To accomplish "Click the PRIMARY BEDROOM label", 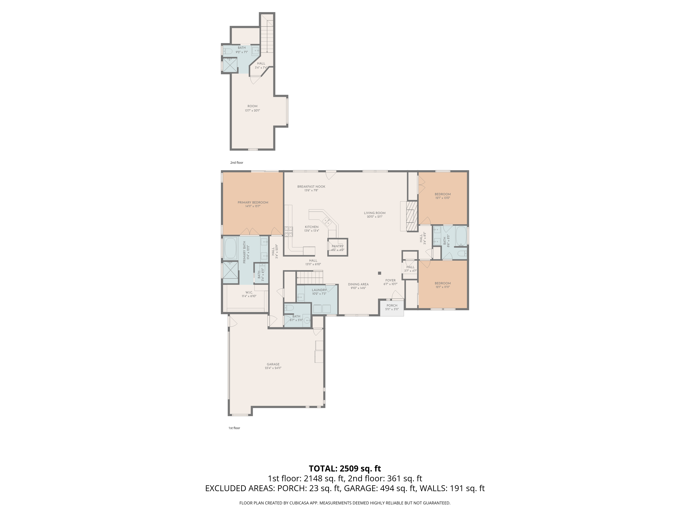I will click(x=253, y=202).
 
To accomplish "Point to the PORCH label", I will click(x=392, y=305).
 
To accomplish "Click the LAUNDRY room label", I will click(x=319, y=290).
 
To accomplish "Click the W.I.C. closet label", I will click(x=249, y=292).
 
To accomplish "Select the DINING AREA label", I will click(x=358, y=284).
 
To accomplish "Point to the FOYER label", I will click(x=390, y=280).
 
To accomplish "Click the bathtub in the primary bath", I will click(x=230, y=248).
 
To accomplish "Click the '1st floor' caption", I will click(x=234, y=428).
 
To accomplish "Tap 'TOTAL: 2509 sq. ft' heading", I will click(x=345, y=468).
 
